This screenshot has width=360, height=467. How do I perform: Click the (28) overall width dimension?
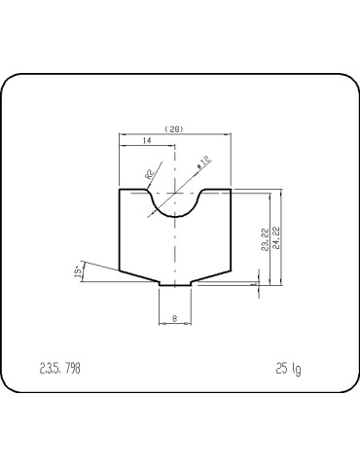point(175,127)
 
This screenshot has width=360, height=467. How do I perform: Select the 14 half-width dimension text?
point(146,142)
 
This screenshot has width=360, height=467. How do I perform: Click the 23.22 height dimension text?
point(266,239)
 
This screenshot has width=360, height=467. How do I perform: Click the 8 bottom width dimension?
point(174,317)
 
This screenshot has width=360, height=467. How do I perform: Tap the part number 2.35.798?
point(59,369)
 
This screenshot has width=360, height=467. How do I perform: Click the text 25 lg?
point(288,369)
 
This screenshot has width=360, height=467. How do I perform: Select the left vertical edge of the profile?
point(119,230)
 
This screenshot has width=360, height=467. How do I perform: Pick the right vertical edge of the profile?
point(231,230)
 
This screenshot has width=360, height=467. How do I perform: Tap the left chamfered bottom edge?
point(138,277)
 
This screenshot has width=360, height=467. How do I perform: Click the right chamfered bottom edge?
point(211,277)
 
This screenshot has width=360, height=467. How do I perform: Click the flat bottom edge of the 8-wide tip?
point(175,285)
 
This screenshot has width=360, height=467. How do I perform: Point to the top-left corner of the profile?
point(119,190)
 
